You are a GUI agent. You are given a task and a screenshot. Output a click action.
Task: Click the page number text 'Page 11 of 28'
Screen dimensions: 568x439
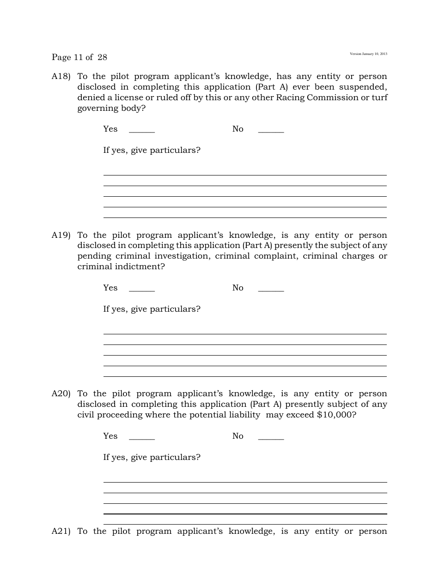[79, 57]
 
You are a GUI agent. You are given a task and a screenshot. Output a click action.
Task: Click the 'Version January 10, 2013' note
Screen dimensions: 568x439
[368, 54]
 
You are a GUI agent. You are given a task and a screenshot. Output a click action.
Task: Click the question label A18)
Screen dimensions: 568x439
[61, 77]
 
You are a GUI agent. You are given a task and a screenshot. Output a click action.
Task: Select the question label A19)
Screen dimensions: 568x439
[61, 236]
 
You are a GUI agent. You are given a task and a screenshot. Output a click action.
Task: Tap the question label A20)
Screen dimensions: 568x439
[61, 394]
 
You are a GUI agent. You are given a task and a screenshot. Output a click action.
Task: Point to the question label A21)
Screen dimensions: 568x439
[61, 532]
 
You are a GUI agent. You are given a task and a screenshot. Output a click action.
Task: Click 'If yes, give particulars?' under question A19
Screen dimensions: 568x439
[152, 309]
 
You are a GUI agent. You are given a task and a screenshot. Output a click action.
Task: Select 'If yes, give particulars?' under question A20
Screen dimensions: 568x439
[152, 458]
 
